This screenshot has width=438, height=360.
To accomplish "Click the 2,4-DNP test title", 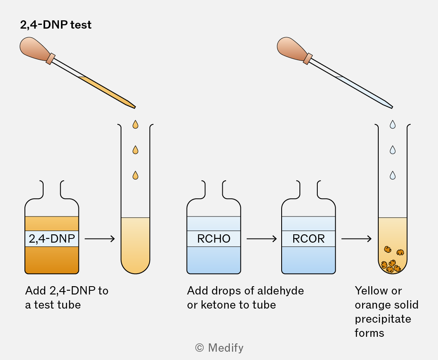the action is point(56,25).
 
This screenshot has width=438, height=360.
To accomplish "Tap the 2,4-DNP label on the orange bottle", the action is point(52,239).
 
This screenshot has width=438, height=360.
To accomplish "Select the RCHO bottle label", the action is point(214,239).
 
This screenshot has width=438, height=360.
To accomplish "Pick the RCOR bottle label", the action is point(309,239).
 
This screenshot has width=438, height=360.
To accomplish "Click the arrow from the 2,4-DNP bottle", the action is point(100,239).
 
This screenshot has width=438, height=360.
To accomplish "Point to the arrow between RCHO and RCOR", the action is point(261,239).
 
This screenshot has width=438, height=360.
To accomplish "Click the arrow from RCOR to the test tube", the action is point(356,239).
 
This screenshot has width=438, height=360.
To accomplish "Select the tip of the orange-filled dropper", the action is point(135,107).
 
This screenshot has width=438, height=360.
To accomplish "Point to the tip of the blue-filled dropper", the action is point(392,107).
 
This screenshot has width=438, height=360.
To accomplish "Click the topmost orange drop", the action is point(136,124).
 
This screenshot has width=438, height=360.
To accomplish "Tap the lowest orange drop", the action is point(136,175).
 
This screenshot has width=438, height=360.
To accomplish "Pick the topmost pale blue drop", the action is point(393,124).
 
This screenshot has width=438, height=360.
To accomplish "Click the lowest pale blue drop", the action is point(393,175).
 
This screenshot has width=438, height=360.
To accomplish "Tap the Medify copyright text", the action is point(219,348).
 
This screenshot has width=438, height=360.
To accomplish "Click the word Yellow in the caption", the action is point(372,291).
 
